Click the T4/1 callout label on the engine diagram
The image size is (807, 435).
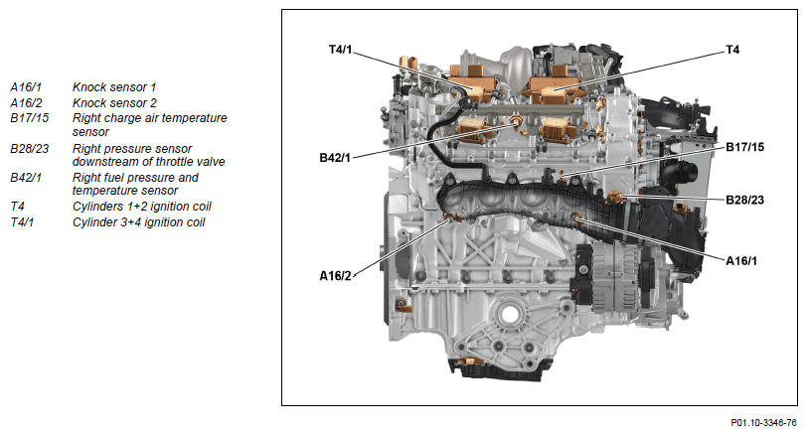coord(340,50)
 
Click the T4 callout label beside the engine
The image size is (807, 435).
coord(732,50)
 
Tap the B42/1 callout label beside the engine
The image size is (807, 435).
coord(335,158)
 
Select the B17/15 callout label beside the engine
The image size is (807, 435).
coord(744,147)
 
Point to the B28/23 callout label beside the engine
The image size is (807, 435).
coord(744,200)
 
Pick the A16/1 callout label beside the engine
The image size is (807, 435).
coord(741,260)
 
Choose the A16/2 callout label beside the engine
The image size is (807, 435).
coord(335,276)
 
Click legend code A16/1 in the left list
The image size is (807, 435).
coord(26,87)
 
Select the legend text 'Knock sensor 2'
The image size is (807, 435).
coord(114,103)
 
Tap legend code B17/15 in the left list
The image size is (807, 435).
coord(30,118)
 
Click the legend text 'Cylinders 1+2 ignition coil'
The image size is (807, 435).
coord(141,207)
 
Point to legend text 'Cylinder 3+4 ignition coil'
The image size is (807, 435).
coord(138,222)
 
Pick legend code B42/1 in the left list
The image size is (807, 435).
coord(26,178)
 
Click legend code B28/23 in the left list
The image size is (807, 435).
coord(30,149)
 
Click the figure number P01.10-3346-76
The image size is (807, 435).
coord(763,423)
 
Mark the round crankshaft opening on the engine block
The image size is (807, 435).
coord(510,314)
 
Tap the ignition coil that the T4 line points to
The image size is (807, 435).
coord(554,89)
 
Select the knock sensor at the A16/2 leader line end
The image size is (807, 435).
coord(453,217)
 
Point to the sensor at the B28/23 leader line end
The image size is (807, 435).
coord(615,197)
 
